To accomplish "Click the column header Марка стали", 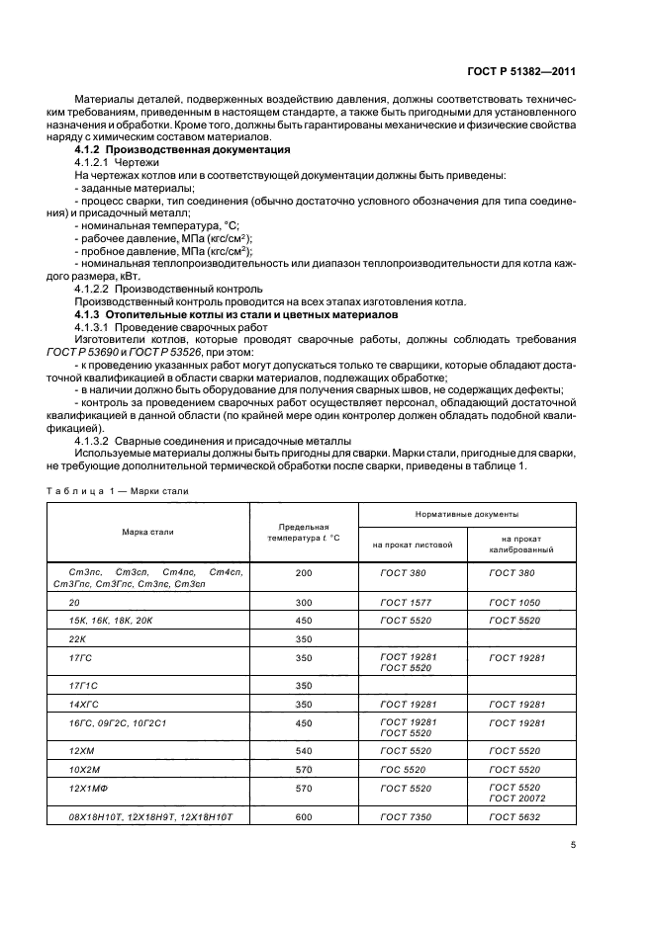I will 147,532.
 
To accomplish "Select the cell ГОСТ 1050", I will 512,601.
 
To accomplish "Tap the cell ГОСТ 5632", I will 512,816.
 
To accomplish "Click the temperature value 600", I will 303,816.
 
